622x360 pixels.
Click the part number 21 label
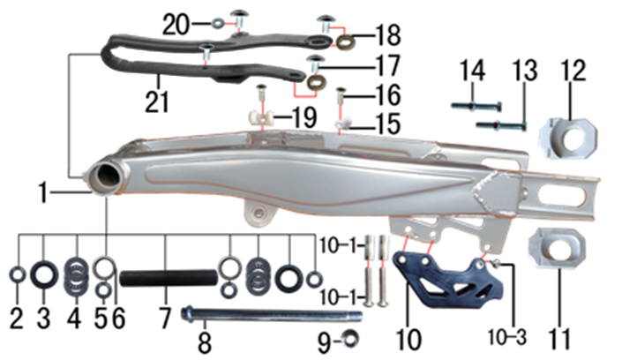click(x=157, y=102)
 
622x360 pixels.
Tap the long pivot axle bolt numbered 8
click(x=272, y=315)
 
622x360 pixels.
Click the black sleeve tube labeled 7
click(x=169, y=277)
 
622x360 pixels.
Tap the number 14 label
click(x=473, y=71)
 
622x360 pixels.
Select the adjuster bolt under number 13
click(x=501, y=126)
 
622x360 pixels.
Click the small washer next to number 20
click(x=216, y=24)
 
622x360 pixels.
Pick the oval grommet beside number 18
click(x=345, y=41)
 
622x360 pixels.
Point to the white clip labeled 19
click(x=259, y=118)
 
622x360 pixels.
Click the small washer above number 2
click(x=18, y=274)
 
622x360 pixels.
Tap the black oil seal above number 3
click(x=44, y=274)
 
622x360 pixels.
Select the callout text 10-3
click(x=506, y=337)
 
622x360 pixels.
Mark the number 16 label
click(x=388, y=95)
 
